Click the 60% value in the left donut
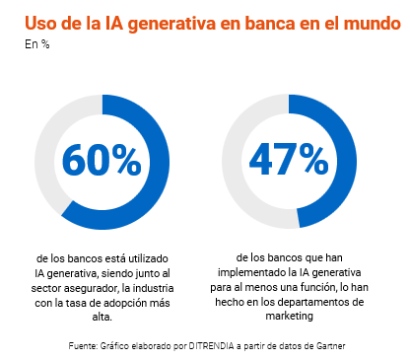tap(102, 159)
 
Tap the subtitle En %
tap(35, 43)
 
